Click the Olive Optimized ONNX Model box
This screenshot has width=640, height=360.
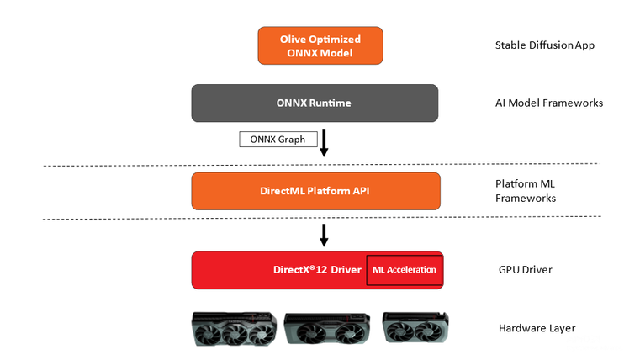pyautogui.click(x=320, y=45)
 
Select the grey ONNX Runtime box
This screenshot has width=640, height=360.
pyautogui.click(x=315, y=103)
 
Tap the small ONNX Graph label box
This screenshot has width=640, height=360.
pyautogui.click(x=272, y=139)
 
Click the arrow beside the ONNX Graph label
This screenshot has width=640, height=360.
pyautogui.click(x=324, y=142)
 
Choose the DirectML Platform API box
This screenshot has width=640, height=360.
pyautogui.click(x=315, y=191)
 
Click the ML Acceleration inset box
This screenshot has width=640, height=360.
pyautogui.click(x=404, y=270)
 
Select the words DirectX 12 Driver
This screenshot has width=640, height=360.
pyautogui.click(x=317, y=270)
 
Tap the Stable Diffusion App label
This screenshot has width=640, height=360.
pyautogui.click(x=544, y=45)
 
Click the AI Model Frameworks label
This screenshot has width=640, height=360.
pyautogui.click(x=549, y=103)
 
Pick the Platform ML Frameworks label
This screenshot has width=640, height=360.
pyautogui.click(x=526, y=191)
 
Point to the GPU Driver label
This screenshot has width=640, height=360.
pyautogui.click(x=525, y=270)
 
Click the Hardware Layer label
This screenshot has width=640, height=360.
pyautogui.click(x=537, y=328)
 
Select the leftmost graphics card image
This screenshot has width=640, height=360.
pyautogui.click(x=234, y=330)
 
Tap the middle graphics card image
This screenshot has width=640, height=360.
pyautogui.click(x=326, y=330)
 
